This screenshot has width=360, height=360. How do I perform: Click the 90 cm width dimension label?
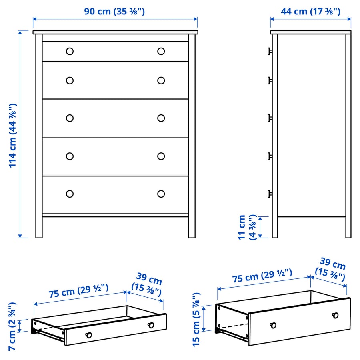114,11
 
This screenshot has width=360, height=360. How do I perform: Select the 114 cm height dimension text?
13,135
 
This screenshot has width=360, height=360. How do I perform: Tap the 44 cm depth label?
310,11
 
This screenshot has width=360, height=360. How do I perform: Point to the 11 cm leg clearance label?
246,227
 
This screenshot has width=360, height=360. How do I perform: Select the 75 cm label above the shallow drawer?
79,291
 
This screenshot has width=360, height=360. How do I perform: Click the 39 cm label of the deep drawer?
330,269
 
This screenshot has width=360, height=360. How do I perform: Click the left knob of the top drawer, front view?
70,51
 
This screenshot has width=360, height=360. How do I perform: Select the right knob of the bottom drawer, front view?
161,194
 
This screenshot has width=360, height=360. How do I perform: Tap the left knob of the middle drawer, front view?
70,118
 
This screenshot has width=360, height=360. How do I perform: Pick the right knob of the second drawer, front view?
161,81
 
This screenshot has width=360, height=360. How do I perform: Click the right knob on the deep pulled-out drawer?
335,315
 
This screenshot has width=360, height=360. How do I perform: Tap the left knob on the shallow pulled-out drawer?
89,335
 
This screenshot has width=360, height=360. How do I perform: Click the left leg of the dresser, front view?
39,226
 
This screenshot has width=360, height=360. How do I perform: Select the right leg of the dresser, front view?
192,226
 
